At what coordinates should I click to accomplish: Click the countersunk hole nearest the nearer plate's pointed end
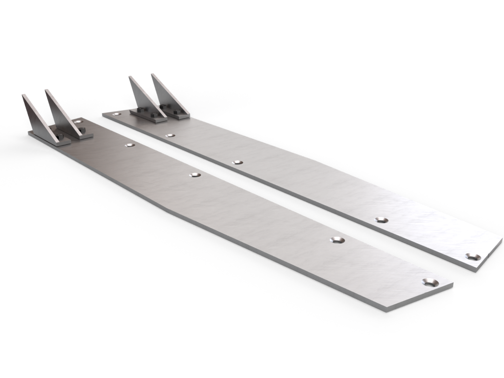pos(430,283)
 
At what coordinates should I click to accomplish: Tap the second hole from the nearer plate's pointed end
pos(337,240)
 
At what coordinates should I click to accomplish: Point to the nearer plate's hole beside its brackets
pos(78,121)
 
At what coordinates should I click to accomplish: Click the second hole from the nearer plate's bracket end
pos(130,145)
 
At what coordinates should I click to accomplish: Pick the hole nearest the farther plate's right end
pos(473,256)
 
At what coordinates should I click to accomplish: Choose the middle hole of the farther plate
pos(238,162)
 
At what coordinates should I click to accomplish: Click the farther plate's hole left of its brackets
pos(116,114)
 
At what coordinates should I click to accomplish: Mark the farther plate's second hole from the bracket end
pos(170,135)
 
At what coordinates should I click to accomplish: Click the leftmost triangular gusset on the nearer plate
pos(35,118)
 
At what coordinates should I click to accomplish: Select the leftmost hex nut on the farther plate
pos(153,116)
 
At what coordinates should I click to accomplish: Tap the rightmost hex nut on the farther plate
pos(176,113)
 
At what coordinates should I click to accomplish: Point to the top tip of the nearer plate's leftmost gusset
pos(23,95)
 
